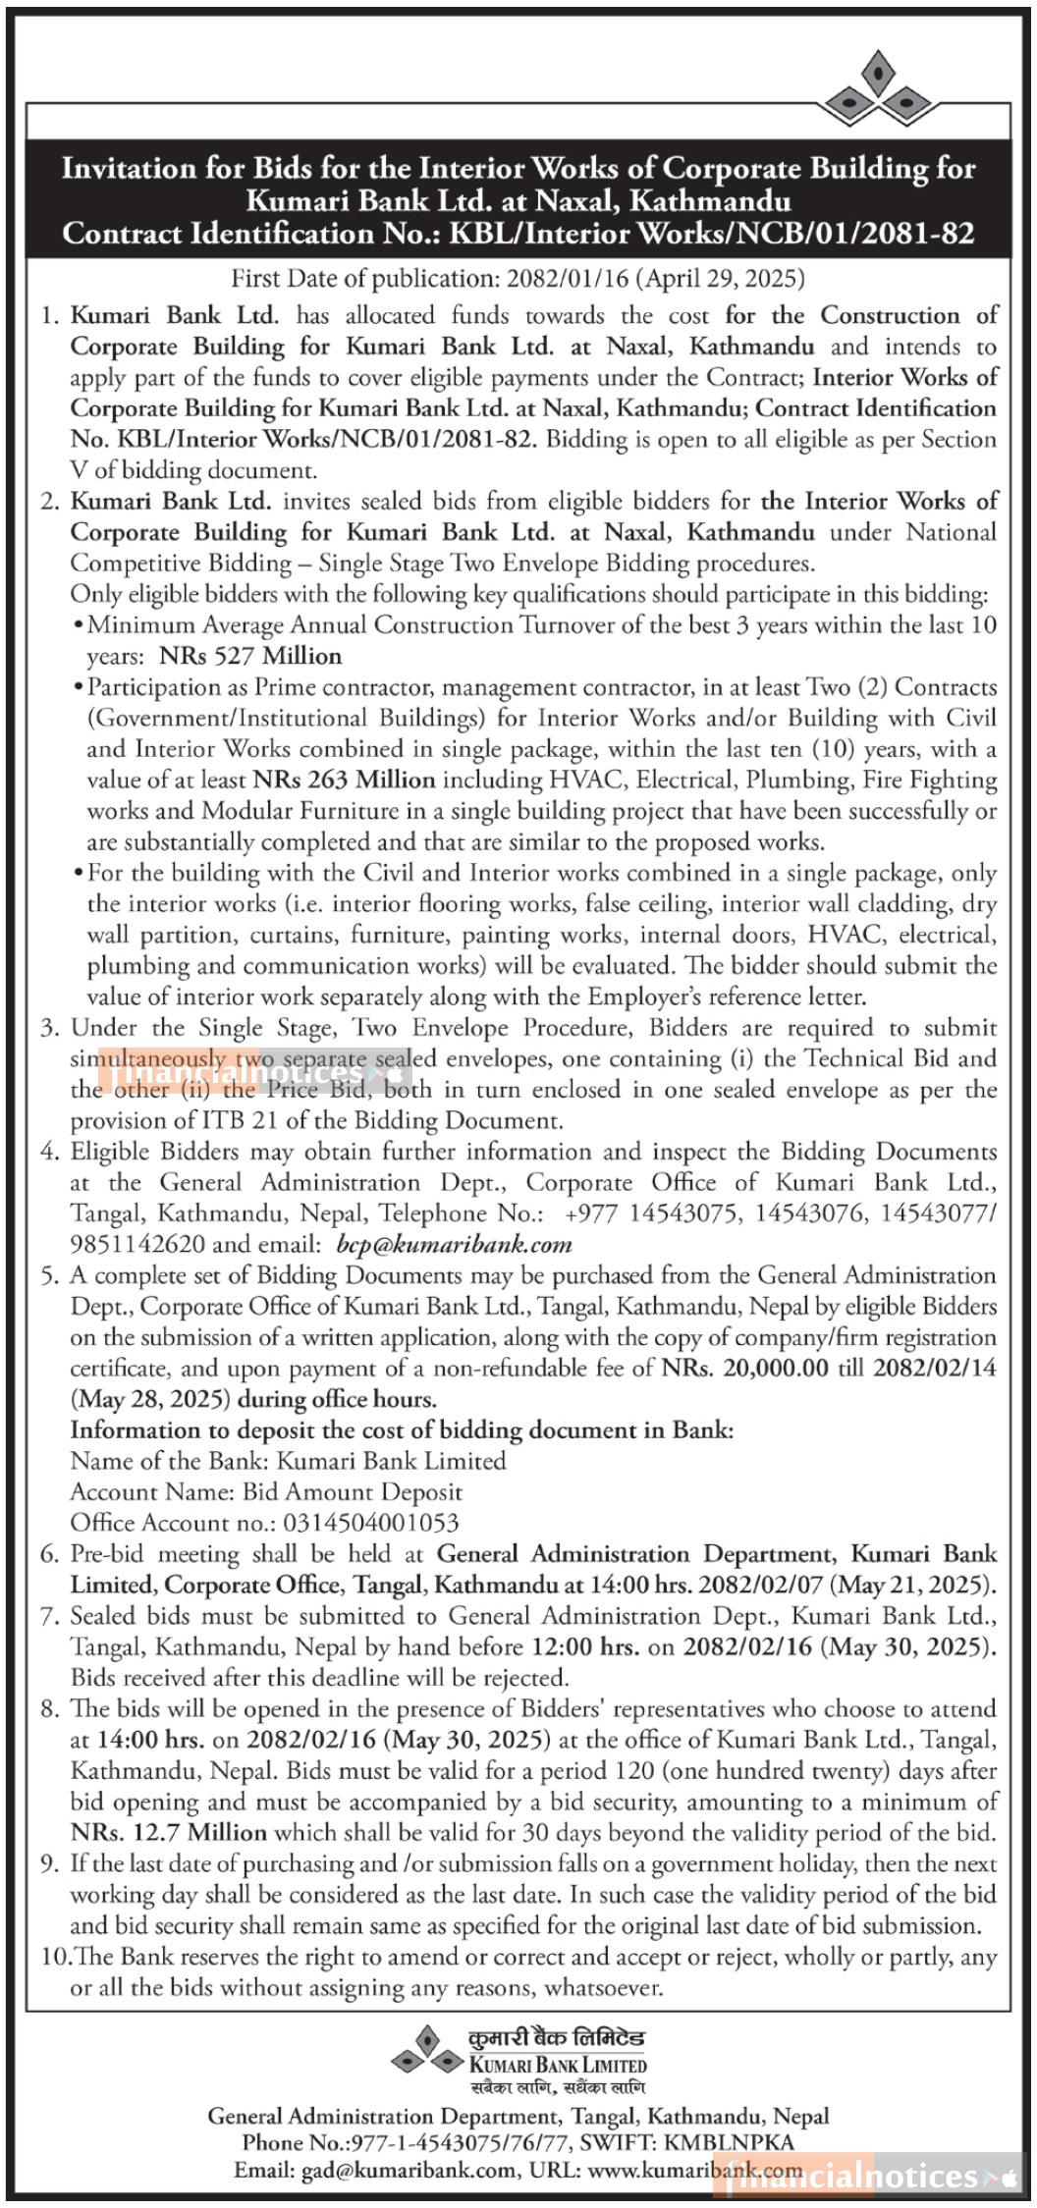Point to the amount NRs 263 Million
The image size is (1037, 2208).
click(x=344, y=780)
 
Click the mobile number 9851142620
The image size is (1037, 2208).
click(x=137, y=1245)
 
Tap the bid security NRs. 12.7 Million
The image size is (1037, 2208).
click(x=169, y=1832)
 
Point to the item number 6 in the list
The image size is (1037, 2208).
click(x=50, y=1554)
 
